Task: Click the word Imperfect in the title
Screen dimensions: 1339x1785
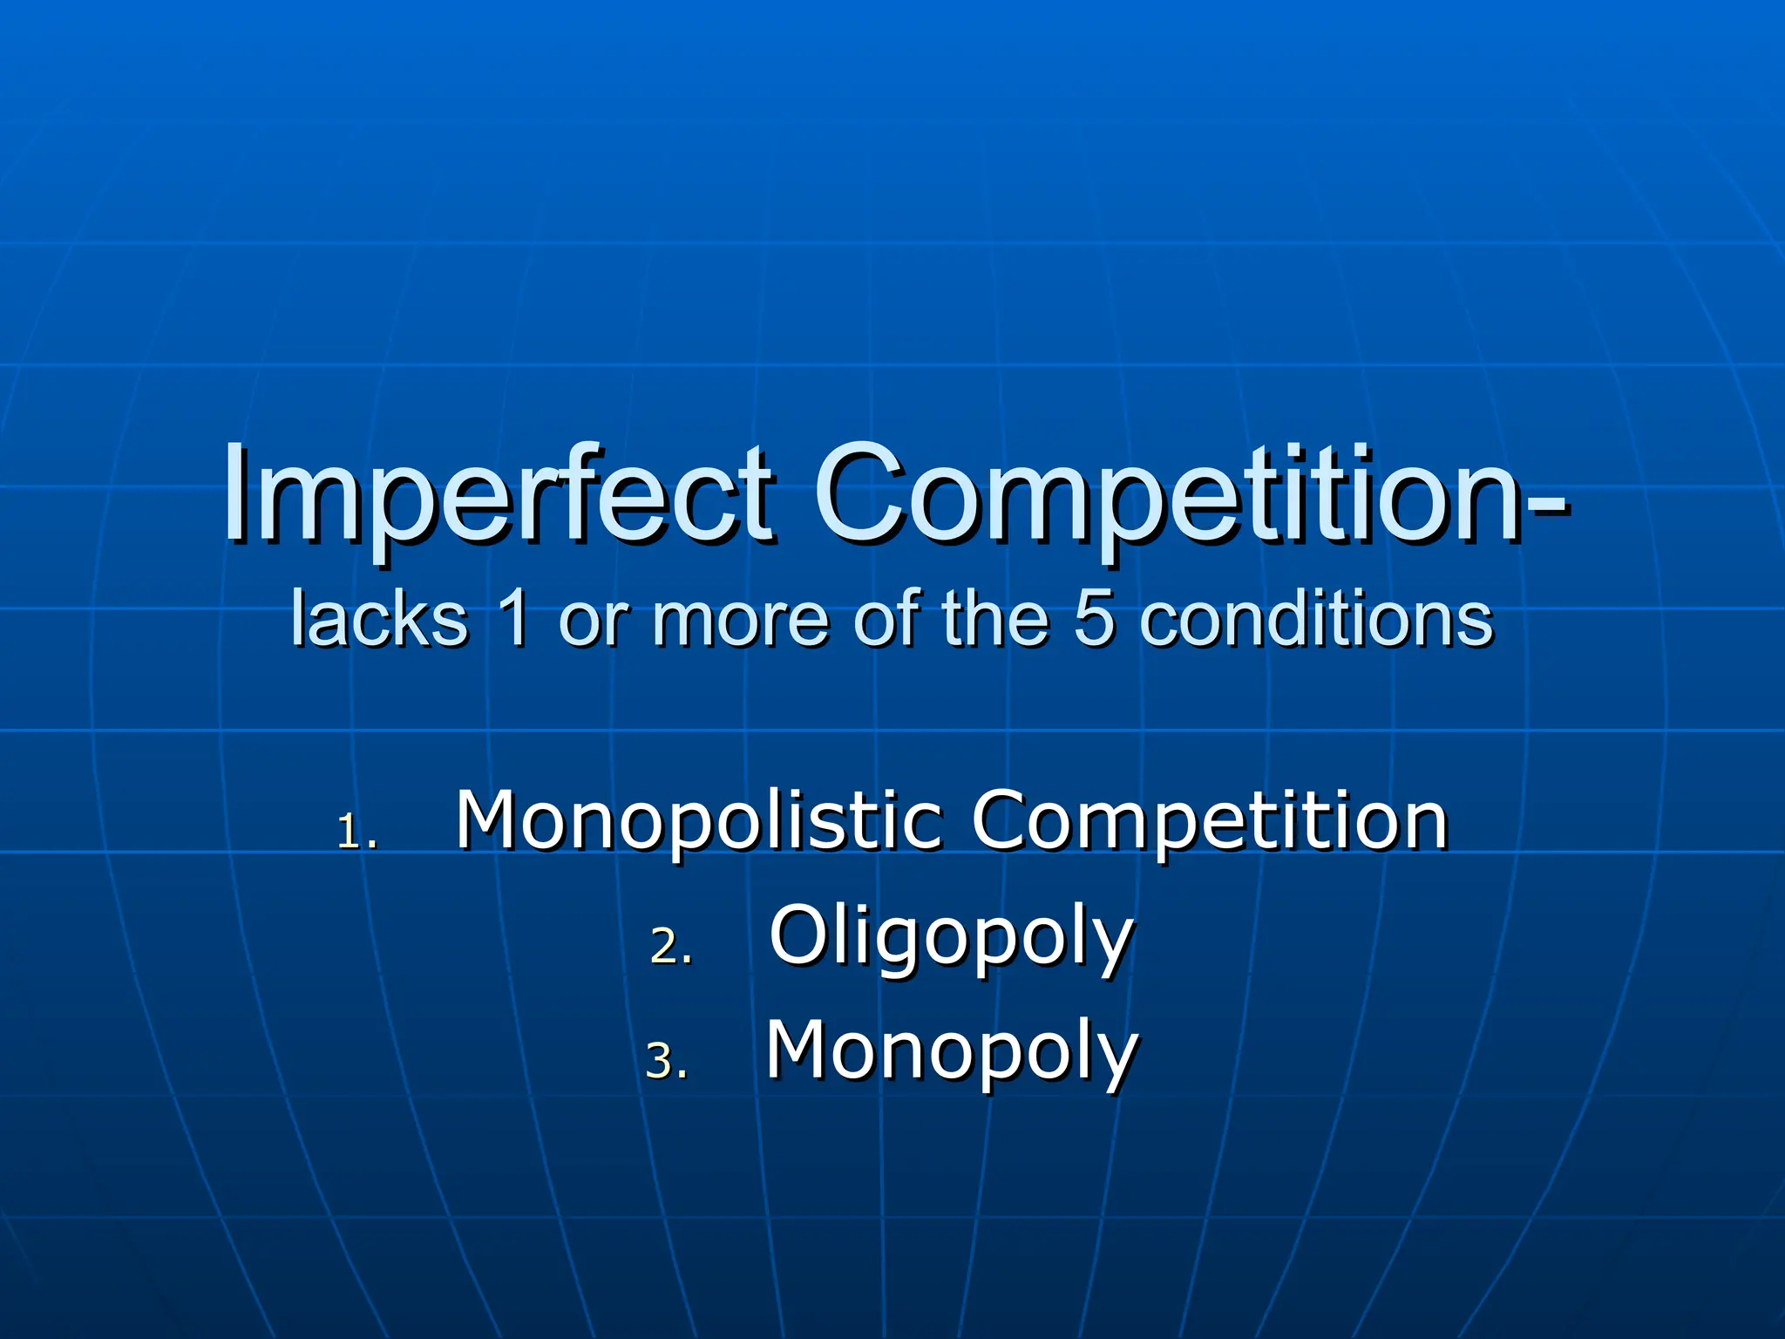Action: [497, 497]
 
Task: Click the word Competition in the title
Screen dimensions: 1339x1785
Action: [1168, 497]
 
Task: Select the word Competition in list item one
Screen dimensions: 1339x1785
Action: [1210, 821]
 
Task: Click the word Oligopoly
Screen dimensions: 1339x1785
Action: [951, 938]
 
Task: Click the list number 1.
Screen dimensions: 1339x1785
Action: [356, 833]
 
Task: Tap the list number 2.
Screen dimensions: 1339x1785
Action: [670, 947]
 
